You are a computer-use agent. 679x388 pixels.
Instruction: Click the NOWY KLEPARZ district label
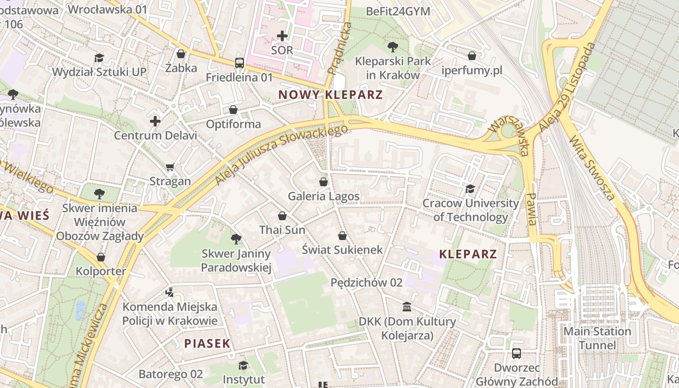coord(331,95)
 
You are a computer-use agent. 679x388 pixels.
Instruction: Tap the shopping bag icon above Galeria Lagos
coord(323,182)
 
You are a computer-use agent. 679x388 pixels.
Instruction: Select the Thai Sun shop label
coord(282,230)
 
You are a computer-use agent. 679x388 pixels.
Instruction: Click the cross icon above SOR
coord(282,36)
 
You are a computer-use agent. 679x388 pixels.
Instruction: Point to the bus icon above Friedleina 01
coord(240,63)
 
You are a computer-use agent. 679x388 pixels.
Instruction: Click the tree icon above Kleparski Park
coord(393,47)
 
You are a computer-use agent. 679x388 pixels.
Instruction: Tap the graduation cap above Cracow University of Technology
coord(470,189)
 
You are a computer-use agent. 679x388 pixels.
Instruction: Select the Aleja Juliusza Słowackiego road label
coord(281,155)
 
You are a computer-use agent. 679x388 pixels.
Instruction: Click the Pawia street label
coord(532,209)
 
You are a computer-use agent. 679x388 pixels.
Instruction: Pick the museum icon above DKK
coord(407,307)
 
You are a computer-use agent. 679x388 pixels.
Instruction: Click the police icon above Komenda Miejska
coord(169,292)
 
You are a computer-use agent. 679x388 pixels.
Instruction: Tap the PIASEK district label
coord(207,344)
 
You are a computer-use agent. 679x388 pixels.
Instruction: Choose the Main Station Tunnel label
coord(597,339)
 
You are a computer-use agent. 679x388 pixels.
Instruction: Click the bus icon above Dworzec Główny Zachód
coord(517,354)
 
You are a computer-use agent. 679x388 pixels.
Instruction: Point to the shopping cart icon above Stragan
coord(170,167)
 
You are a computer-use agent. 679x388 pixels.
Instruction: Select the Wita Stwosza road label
coord(592,167)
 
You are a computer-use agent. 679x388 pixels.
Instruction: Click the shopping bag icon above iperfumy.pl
coord(471,56)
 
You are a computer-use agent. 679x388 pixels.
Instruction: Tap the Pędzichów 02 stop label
coord(367,282)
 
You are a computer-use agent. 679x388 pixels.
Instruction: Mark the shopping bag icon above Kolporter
coord(101,257)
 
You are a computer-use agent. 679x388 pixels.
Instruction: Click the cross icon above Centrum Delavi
coord(155,121)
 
